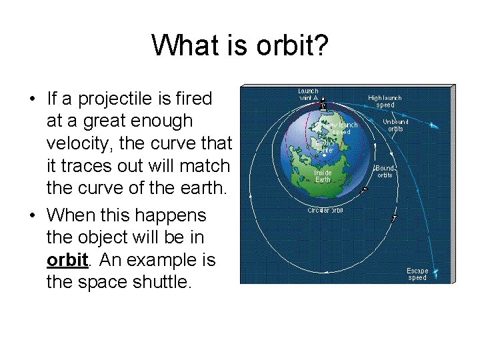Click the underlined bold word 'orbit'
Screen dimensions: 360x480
click(67, 259)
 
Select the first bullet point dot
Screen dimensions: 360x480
click(32, 100)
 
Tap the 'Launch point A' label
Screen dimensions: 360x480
click(308, 94)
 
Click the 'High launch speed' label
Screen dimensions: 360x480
click(385, 101)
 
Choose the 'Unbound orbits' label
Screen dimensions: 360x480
click(395, 125)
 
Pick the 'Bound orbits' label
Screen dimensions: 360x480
click(385, 171)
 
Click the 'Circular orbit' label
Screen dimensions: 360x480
click(325, 211)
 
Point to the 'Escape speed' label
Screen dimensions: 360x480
click(417, 274)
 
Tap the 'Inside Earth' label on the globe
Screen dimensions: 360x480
click(323, 175)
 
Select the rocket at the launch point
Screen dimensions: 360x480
click(323, 105)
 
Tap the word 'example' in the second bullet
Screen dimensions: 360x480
click(176, 259)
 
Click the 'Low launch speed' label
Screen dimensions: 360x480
click(341, 128)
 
